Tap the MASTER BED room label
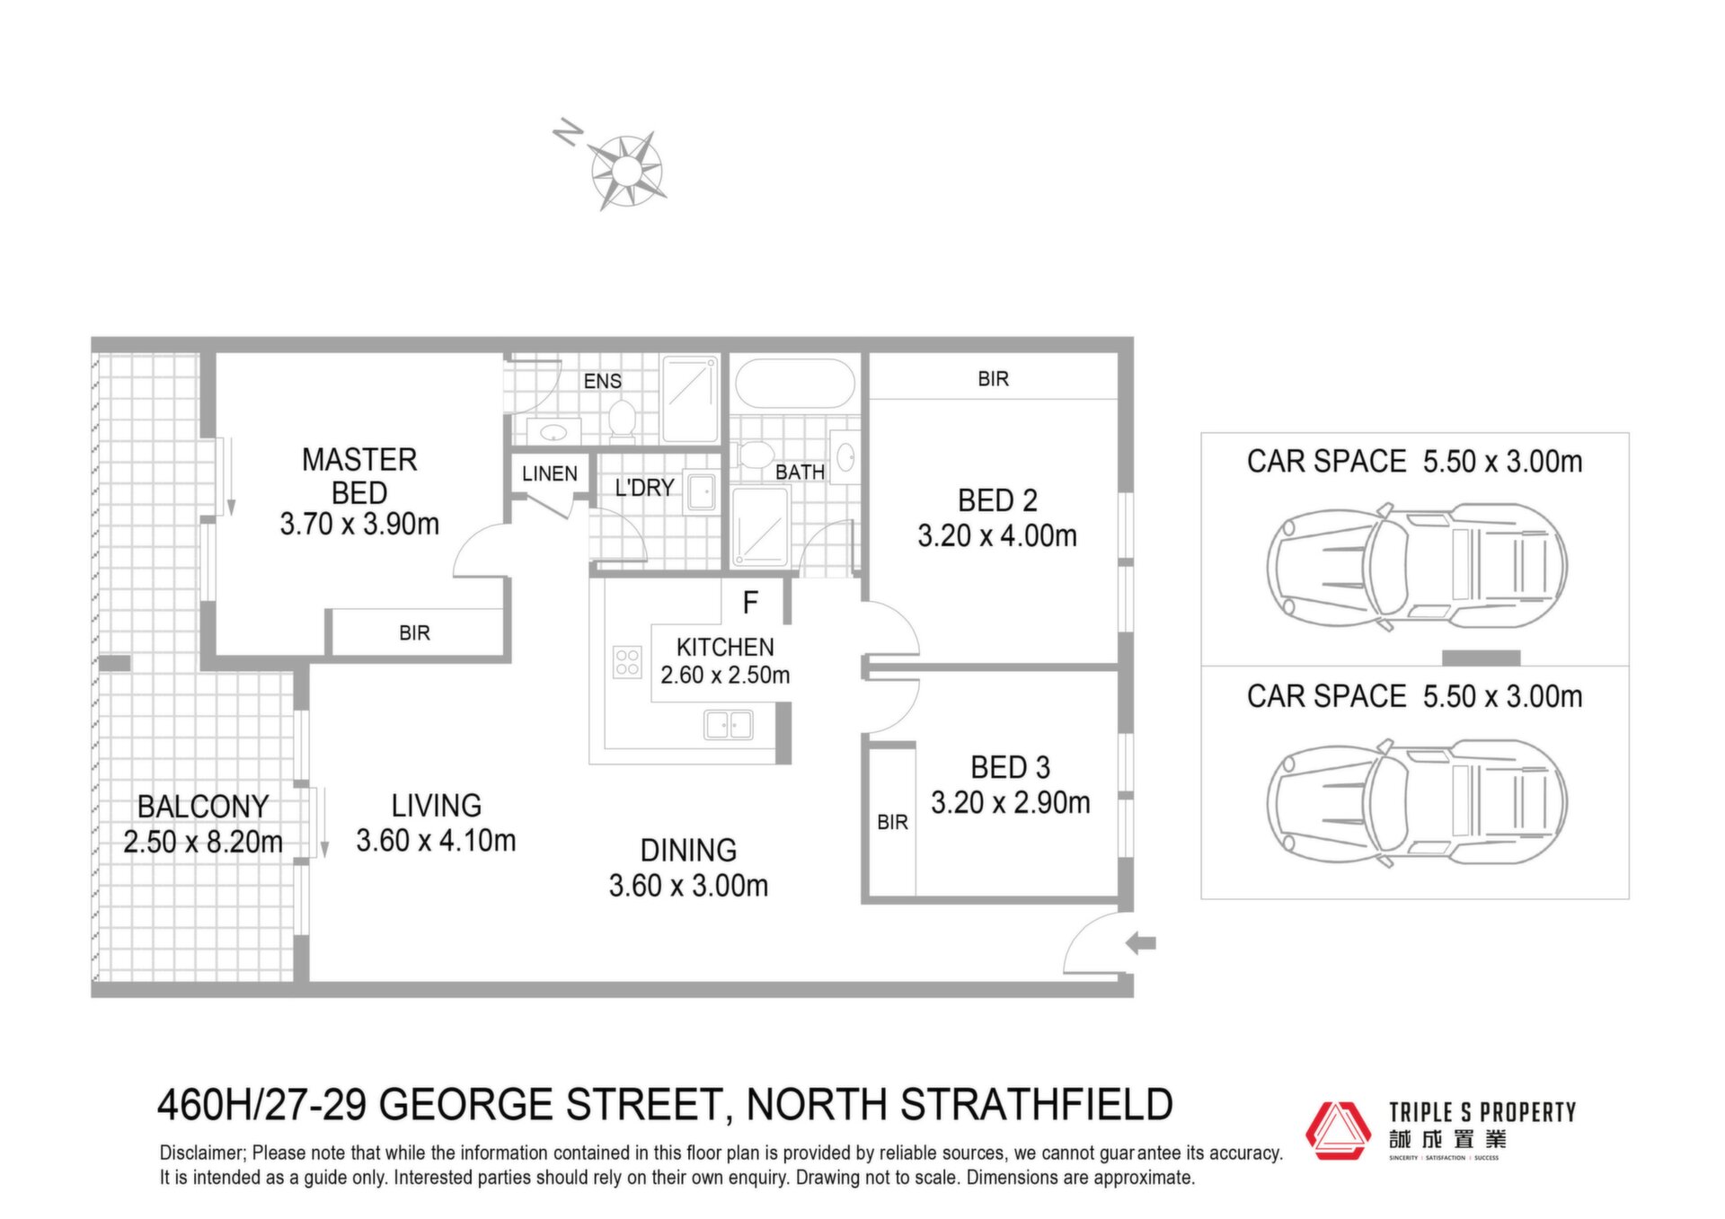359,476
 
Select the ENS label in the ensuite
602,381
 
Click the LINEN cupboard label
550,473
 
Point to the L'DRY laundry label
644,488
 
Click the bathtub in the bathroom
795,384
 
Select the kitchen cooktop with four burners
627,662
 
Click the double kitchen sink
729,724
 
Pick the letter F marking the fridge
751,603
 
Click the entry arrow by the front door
1141,943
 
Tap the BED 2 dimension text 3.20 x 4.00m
997,536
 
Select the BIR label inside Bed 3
892,822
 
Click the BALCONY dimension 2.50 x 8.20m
203,842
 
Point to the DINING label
688,850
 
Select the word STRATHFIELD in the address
1037,1105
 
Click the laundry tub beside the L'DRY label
702,491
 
